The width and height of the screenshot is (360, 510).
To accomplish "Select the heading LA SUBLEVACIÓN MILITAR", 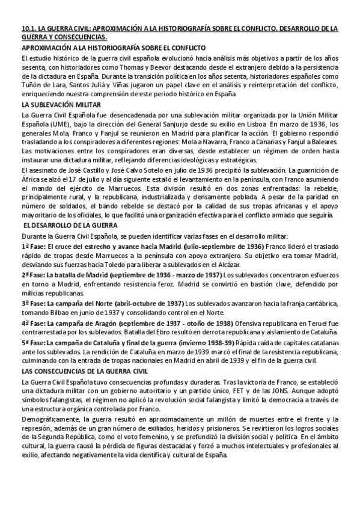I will click(58, 104).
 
